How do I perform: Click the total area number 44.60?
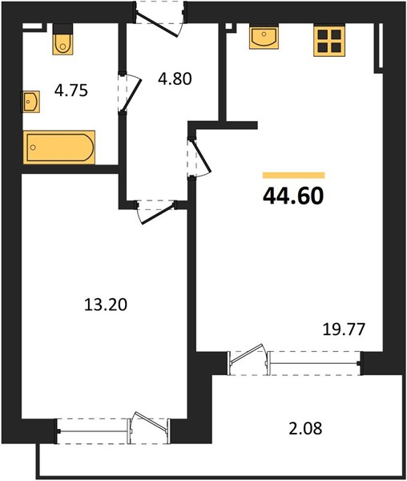tap(293, 196)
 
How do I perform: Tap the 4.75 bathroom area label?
tap(71, 91)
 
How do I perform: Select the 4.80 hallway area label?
tap(175, 79)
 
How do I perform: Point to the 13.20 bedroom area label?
tap(106, 305)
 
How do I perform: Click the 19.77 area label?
tap(345, 329)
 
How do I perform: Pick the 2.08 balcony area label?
tap(305, 428)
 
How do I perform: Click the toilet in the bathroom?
tap(62, 39)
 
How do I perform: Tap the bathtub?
tap(59, 148)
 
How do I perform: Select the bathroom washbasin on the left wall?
tap(30, 102)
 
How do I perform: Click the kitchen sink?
tap(264, 38)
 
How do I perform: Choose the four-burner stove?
tap(329, 42)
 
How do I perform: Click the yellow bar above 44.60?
tap(293, 175)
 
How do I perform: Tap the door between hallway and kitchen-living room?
tap(201, 157)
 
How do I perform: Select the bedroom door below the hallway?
tap(157, 212)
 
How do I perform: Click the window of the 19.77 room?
tap(314, 363)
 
